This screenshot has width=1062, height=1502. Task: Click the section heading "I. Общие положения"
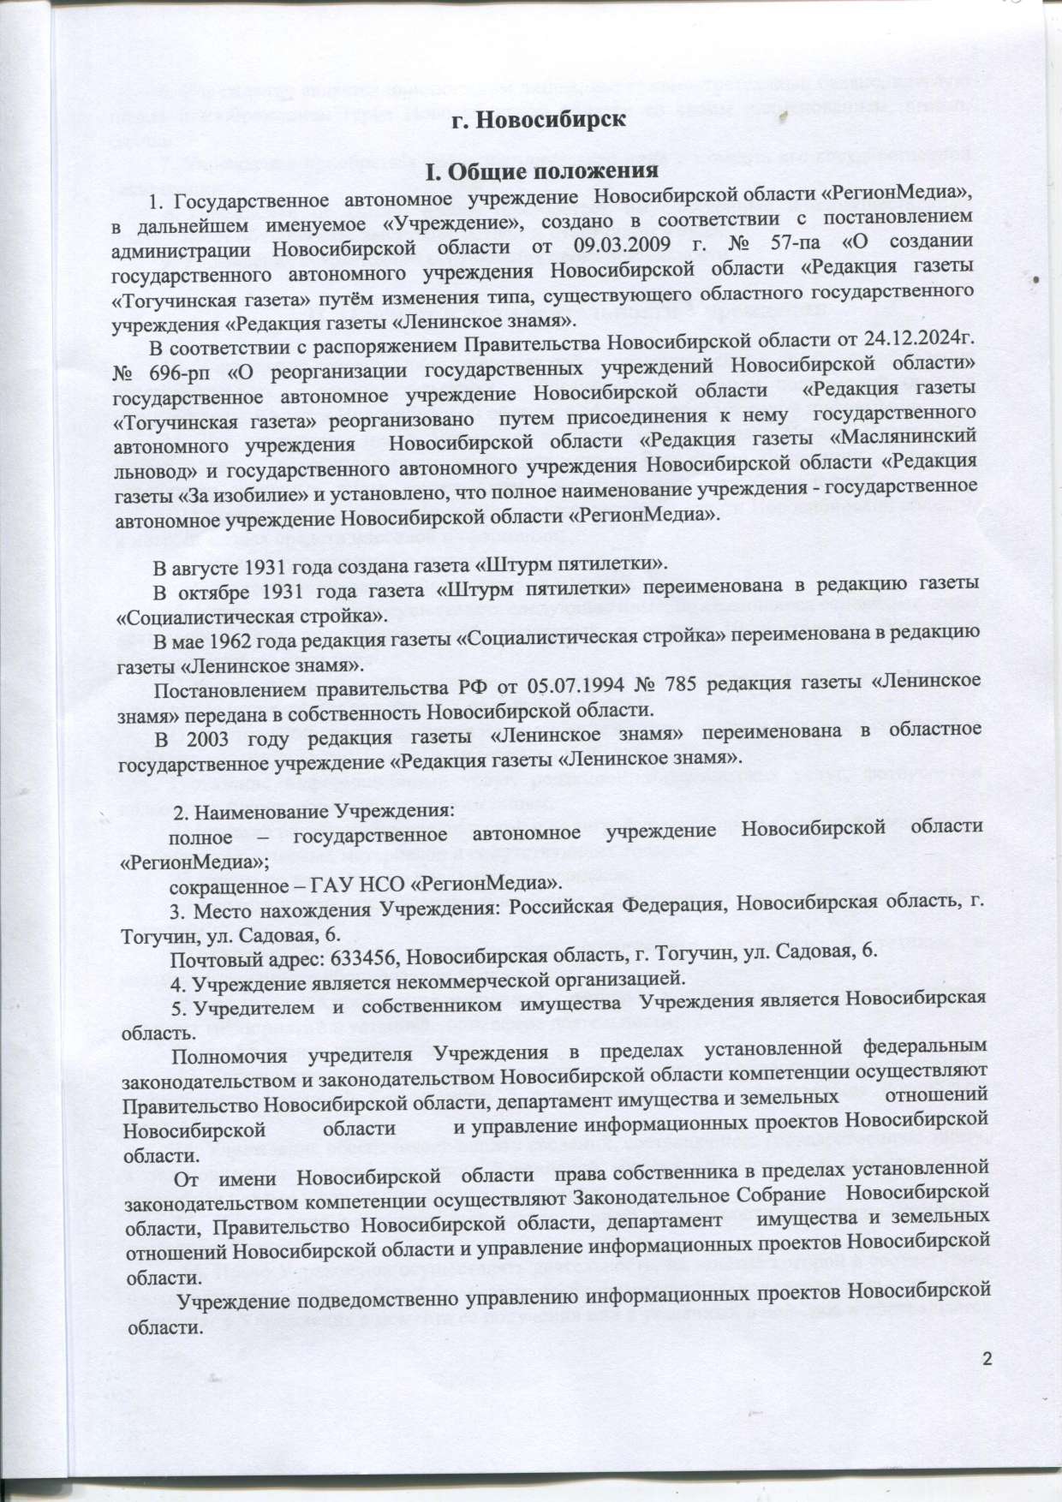[546, 171]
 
